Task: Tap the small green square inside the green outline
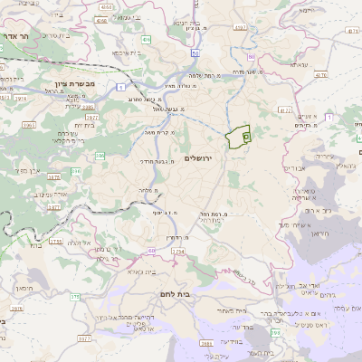pyautogui.click(x=246, y=133)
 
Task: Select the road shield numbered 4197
pyautogui.click(x=240, y=27)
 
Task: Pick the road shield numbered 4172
pyautogui.click(x=285, y=110)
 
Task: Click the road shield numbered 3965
pyautogui.click(x=29, y=124)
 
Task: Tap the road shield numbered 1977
pyautogui.click(x=91, y=116)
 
